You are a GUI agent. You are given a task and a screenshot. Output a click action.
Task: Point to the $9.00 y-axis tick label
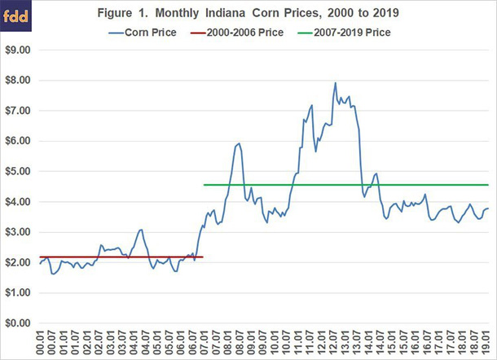point(17,50)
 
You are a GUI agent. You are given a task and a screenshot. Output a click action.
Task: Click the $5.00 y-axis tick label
point(17,171)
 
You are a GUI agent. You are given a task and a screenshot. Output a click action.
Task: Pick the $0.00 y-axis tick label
point(17,323)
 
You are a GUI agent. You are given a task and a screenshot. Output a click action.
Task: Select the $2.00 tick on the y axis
point(17,262)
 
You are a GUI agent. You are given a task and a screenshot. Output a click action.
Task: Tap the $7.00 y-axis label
point(17,111)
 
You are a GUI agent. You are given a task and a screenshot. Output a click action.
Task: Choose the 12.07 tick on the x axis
point(334,342)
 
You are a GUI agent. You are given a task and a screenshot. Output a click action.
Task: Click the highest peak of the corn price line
point(336,83)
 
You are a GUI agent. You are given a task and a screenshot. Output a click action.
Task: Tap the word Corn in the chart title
point(290,13)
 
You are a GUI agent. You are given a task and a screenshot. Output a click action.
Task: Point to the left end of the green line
point(204,185)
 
